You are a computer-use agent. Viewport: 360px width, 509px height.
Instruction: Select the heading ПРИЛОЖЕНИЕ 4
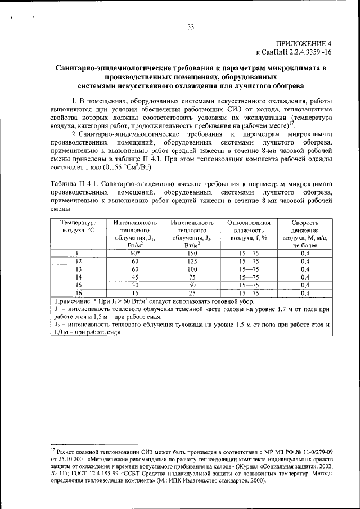click(304, 43)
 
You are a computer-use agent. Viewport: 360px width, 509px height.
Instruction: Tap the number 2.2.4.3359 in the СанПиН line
click(303, 52)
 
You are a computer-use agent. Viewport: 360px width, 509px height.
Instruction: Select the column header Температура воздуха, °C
click(79, 227)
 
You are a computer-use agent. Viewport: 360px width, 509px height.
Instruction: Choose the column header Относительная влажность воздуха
click(249, 230)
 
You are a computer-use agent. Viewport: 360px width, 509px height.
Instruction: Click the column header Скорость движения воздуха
click(304, 233)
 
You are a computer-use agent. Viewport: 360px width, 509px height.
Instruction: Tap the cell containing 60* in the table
click(135, 253)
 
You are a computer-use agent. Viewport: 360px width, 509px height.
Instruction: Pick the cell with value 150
click(192, 253)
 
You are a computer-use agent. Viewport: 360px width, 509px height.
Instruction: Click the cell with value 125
click(192, 261)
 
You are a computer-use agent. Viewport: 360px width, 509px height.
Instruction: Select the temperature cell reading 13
click(79, 269)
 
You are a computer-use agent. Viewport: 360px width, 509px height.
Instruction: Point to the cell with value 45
click(135, 277)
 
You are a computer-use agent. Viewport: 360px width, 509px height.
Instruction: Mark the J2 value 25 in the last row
click(192, 292)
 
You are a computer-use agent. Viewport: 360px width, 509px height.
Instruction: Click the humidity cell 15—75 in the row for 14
click(249, 277)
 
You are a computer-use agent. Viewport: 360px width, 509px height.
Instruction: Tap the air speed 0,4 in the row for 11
click(305, 253)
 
